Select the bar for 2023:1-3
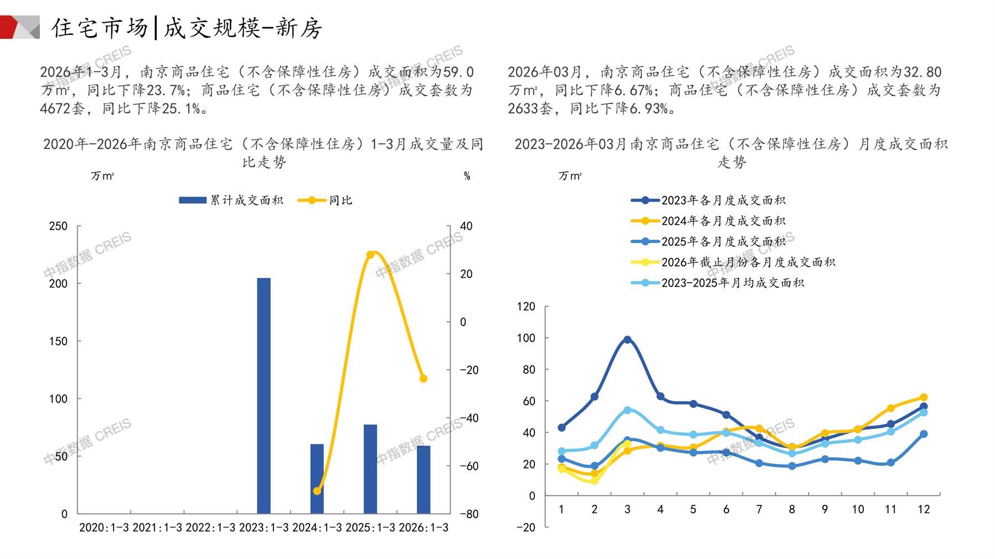[264, 396]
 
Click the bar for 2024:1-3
[317, 479]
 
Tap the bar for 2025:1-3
[370, 469]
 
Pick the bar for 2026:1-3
[424, 479]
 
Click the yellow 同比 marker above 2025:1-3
[370, 255]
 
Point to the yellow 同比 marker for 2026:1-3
[424, 379]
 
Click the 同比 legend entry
[326, 200]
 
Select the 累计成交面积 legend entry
[231, 200]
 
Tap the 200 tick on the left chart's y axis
[58, 283]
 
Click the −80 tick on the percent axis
[469, 514]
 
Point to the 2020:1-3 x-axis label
[104, 527]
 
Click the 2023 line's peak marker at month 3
[627, 340]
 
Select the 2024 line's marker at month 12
[924, 397]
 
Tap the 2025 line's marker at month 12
[924, 434]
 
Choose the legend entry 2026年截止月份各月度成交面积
[733, 262]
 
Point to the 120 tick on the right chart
[526, 307]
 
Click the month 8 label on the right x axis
[792, 509]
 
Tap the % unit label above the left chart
[467, 176]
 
